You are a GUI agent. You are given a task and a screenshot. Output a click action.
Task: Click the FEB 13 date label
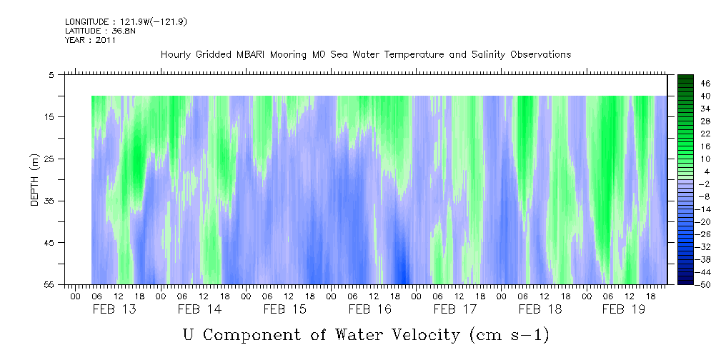(114, 309)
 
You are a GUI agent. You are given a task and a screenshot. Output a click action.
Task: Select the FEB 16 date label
(369, 309)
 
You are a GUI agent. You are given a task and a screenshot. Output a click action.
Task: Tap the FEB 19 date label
(624, 309)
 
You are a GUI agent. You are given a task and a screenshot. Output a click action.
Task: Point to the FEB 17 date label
(455, 309)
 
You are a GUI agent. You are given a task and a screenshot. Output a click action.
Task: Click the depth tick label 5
(51, 74)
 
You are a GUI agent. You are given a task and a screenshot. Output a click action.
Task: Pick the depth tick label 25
(49, 159)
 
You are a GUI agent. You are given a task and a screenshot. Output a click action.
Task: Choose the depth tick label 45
(49, 243)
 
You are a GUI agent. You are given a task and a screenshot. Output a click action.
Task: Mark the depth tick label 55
(49, 284)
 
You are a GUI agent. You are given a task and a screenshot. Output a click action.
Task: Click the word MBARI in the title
(253, 55)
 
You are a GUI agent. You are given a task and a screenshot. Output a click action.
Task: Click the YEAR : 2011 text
(90, 41)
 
